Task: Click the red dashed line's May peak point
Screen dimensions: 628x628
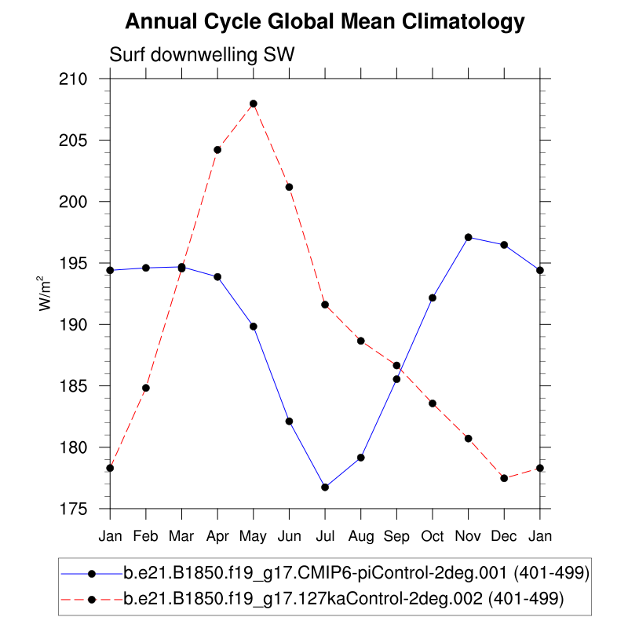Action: click(254, 104)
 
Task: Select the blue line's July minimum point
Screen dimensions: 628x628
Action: click(325, 487)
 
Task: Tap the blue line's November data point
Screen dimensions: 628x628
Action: click(469, 237)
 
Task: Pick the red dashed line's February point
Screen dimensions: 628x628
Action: click(146, 388)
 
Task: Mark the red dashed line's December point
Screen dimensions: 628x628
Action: click(504, 478)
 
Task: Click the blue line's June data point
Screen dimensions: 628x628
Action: click(289, 422)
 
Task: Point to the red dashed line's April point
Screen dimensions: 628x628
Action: click(217, 150)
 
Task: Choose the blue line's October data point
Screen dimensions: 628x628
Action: click(433, 298)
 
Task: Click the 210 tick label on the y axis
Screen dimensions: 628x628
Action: click(83, 79)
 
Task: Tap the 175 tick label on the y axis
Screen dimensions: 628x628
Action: click(83, 509)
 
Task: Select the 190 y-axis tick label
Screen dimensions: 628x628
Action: click(83, 325)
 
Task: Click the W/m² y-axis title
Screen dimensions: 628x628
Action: click(49, 294)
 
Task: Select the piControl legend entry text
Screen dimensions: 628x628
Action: click(356, 573)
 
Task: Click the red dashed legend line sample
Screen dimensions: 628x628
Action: click(91, 599)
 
